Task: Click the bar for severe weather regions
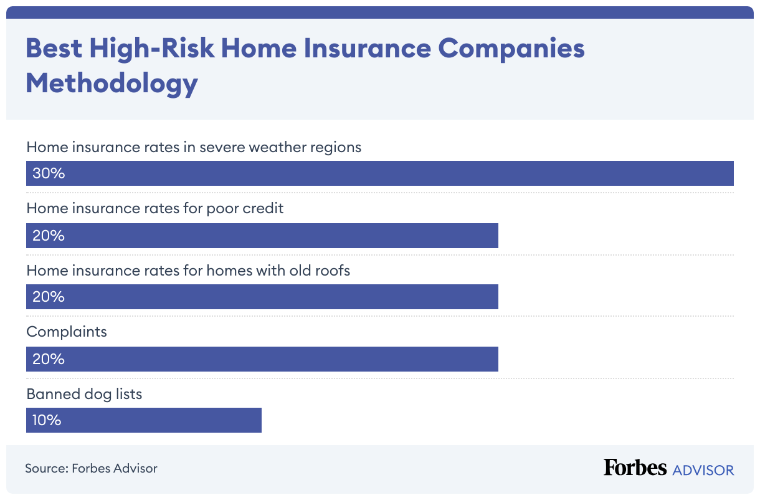point(380,173)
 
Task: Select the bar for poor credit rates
point(262,236)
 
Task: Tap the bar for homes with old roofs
point(262,297)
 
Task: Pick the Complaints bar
point(262,359)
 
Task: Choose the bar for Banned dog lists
point(144,420)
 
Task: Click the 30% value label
point(49,173)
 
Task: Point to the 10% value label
point(47,420)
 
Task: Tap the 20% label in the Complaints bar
point(49,359)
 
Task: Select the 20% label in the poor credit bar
point(49,236)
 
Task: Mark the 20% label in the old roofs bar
point(49,297)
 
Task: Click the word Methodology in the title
point(112,83)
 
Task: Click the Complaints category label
point(67,332)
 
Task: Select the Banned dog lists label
point(84,394)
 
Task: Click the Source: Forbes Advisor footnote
point(91,468)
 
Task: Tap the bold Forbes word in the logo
point(635,468)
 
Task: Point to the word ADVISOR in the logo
point(703,469)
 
